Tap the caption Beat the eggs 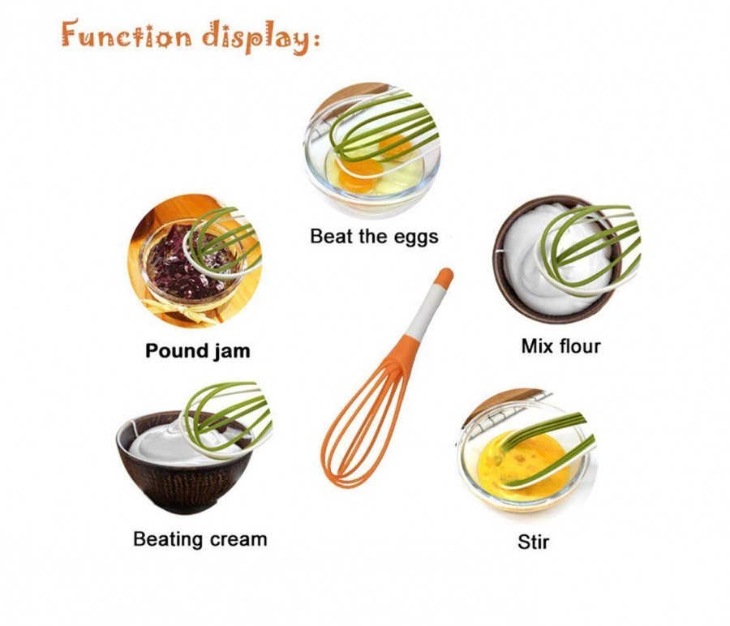374,236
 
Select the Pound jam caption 197,351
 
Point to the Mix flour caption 560,346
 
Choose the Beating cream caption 200,538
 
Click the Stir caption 533,541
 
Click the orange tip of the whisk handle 444,277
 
